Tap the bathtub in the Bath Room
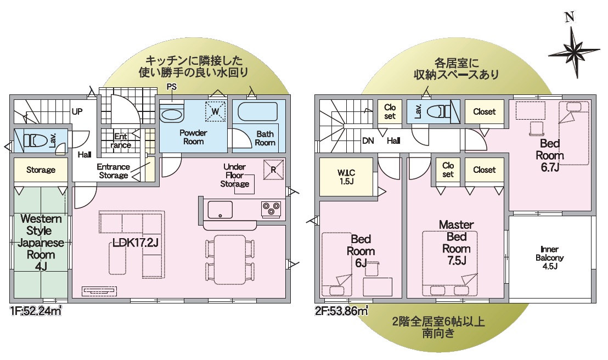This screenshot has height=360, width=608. coord(257,112)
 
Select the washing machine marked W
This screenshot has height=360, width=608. coord(215,111)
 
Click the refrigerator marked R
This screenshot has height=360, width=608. coord(273,170)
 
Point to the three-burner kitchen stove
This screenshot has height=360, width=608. coord(271,209)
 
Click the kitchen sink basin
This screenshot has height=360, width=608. coord(220,210)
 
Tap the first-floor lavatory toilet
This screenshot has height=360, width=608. coord(32,139)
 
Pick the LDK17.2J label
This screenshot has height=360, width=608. coord(136,243)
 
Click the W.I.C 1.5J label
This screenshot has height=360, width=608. coord(346,177)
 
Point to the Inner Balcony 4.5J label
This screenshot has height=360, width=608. coord(549,257)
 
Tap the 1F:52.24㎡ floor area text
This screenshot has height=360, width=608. coord(36,311)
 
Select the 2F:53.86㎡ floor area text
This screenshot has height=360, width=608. coord(341,311)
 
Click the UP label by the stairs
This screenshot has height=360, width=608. coord(77,112)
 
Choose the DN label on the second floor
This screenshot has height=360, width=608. coord(368,140)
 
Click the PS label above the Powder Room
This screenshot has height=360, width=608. coord(171,87)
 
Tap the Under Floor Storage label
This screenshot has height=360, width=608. coord(235,176)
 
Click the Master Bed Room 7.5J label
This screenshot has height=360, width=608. coord(457,243)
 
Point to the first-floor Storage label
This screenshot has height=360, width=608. coord(41,170)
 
